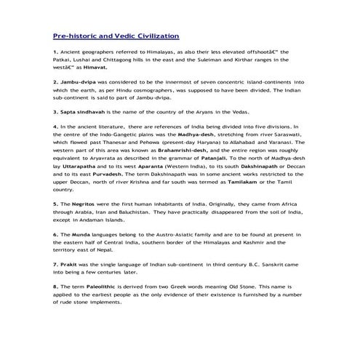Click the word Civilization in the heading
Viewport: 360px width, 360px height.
coord(155,35)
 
